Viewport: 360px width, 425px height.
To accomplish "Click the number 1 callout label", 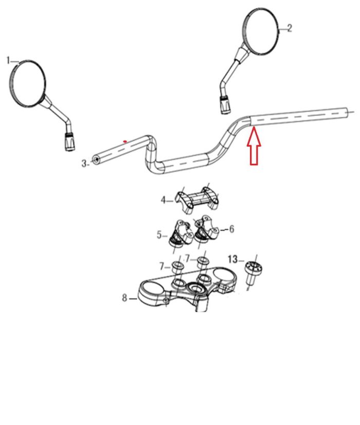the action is [8, 61].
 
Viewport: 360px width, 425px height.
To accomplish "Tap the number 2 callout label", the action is [290, 28].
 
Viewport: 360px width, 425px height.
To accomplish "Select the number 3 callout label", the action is [84, 163].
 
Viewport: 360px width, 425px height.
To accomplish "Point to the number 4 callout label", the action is [163, 201].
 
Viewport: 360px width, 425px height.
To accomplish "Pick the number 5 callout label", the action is [159, 235].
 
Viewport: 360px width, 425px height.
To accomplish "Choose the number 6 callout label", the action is [231, 229].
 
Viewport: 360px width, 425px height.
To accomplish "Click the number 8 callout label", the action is [124, 298].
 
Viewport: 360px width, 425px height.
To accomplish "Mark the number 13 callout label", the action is [232, 259].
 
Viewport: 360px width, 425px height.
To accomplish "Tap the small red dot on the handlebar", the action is [125, 141].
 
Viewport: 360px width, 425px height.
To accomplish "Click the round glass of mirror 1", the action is [27, 83].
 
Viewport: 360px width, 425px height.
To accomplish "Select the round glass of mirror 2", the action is [261, 31].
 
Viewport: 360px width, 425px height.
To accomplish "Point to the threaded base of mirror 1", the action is [70, 141].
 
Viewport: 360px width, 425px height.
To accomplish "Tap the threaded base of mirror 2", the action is [225, 104].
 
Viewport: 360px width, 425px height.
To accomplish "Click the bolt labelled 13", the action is [253, 272].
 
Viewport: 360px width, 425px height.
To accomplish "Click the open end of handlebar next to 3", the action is [96, 160].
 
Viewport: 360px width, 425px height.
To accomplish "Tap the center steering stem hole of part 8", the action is [194, 287].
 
